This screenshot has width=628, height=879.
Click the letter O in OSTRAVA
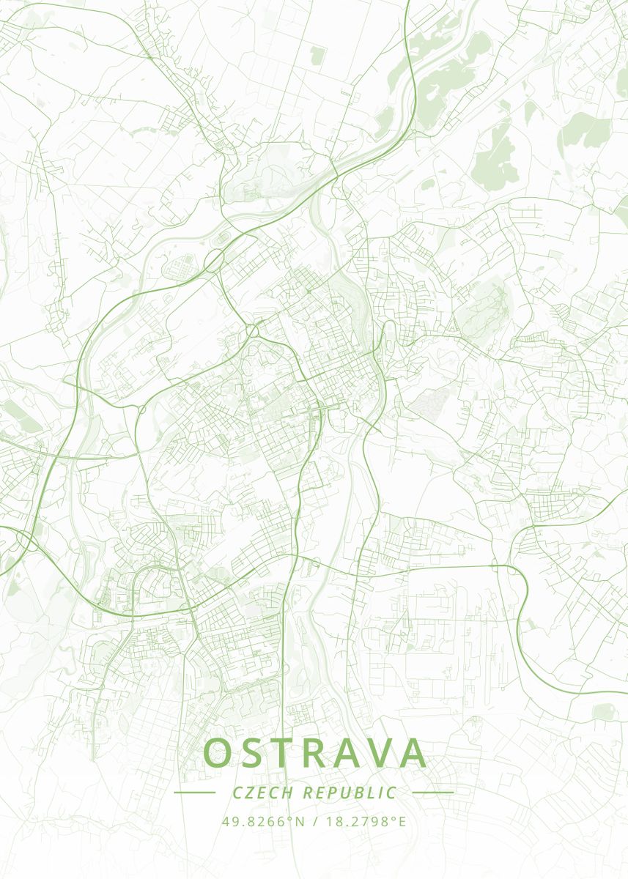219,753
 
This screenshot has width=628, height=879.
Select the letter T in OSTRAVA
289,753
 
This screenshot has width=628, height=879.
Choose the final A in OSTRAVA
413,753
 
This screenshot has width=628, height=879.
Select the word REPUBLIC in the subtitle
350,793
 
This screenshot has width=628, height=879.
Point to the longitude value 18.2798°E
364,821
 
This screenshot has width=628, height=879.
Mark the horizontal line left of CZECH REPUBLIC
194,793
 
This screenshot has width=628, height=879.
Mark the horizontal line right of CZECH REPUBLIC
433,793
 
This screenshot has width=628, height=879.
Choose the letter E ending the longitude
402,821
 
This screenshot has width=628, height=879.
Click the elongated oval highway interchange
214,259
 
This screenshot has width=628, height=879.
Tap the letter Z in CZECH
250,793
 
